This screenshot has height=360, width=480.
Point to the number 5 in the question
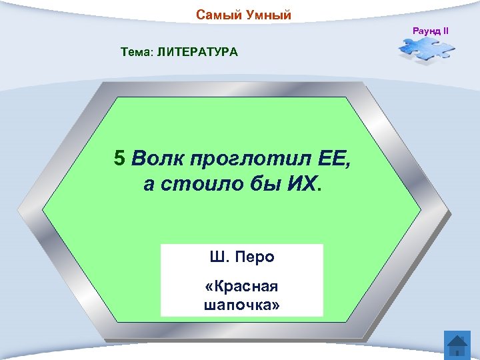(119, 158)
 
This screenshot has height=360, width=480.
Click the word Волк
(157, 158)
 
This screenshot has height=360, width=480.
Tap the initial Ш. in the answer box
(218, 257)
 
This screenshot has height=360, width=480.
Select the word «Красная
(241, 287)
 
